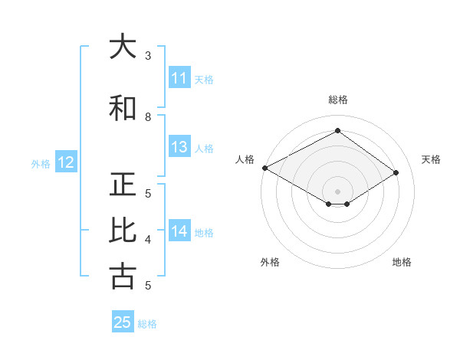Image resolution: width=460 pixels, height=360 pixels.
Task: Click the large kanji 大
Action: pyautogui.click(x=123, y=47)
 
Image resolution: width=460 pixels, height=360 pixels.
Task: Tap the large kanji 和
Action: pyautogui.click(x=123, y=108)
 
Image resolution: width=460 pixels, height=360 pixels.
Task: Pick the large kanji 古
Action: pyautogui.click(x=123, y=276)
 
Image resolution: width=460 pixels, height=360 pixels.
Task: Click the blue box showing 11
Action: pyautogui.click(x=179, y=78)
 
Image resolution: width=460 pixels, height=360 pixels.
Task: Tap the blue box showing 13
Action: pyautogui.click(x=179, y=147)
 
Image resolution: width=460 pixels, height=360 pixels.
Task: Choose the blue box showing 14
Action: pyautogui.click(x=179, y=231)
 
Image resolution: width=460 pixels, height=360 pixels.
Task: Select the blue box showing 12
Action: pyautogui.click(x=65, y=162)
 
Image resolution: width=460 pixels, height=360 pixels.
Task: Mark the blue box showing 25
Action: pyautogui.click(x=123, y=322)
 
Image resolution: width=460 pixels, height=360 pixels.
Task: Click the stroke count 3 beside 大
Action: pyautogui.click(x=148, y=56)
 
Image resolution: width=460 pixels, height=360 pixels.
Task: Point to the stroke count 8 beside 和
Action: pyautogui.click(x=148, y=117)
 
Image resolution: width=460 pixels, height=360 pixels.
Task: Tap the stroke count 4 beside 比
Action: pyautogui.click(x=148, y=240)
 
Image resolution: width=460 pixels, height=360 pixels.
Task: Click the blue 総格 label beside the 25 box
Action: pyautogui.click(x=147, y=324)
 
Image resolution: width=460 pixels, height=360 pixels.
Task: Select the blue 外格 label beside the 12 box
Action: pyautogui.click(x=41, y=163)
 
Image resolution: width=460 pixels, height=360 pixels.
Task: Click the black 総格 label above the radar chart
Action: pyautogui.click(x=337, y=100)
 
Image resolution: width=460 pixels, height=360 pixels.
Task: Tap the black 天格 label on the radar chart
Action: pyautogui.click(x=432, y=159)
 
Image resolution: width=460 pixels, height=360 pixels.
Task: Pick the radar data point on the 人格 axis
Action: pyautogui.click(x=264, y=168)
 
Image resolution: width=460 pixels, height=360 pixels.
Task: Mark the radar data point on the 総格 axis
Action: pyautogui.click(x=337, y=131)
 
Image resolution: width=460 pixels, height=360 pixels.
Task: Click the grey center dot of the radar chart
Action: pyautogui.click(x=337, y=191)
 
